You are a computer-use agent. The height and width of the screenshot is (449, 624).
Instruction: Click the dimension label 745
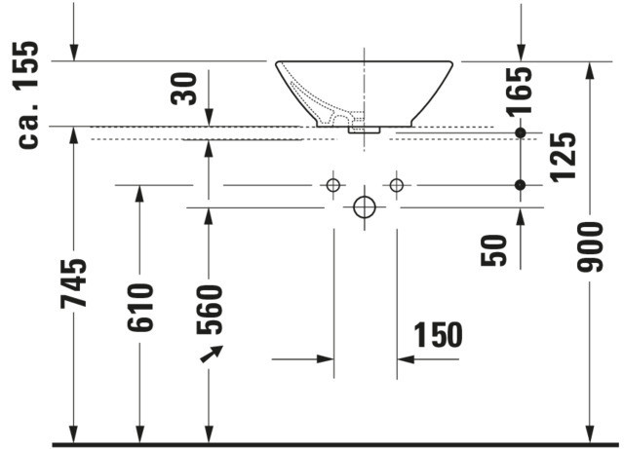coord(74,283)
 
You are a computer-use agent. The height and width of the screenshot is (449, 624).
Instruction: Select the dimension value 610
coord(140,308)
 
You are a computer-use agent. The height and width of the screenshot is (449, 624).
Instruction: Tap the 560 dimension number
coord(210,310)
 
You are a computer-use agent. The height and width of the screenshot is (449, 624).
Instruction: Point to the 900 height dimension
coord(590,247)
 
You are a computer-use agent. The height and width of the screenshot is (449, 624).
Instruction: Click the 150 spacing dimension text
coord(438,335)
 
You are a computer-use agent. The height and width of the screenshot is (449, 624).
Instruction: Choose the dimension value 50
coord(494,250)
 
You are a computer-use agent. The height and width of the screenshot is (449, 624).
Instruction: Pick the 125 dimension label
coord(564,158)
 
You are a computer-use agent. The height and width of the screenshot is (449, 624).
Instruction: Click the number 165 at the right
coord(519,93)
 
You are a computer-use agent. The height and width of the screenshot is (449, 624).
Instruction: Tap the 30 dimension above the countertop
coord(184,89)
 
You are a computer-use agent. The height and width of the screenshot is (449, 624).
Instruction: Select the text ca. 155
coord(28,94)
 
